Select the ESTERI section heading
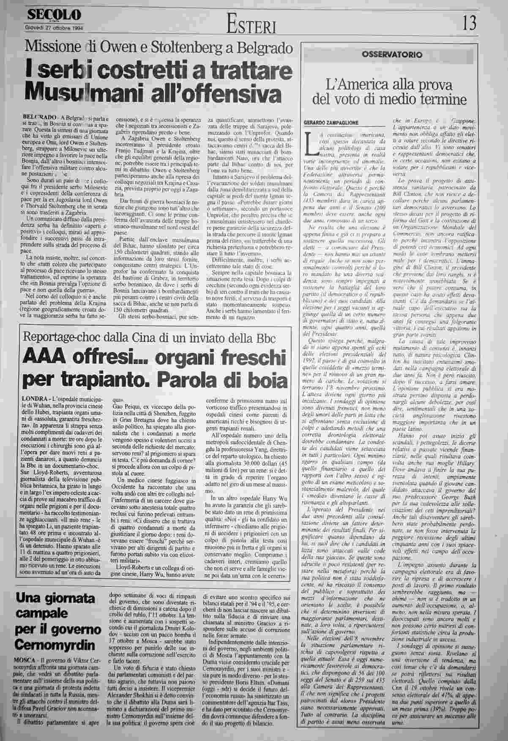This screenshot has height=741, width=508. [251, 26]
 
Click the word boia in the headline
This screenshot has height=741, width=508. [267, 381]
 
